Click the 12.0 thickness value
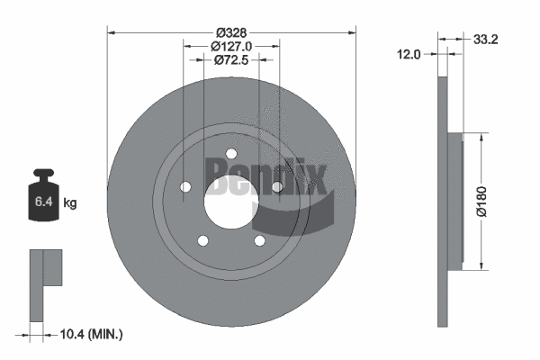410,54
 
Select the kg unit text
70,203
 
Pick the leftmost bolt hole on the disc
186,187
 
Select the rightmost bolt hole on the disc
277,186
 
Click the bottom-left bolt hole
203,240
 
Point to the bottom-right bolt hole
259,240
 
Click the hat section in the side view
454,201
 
